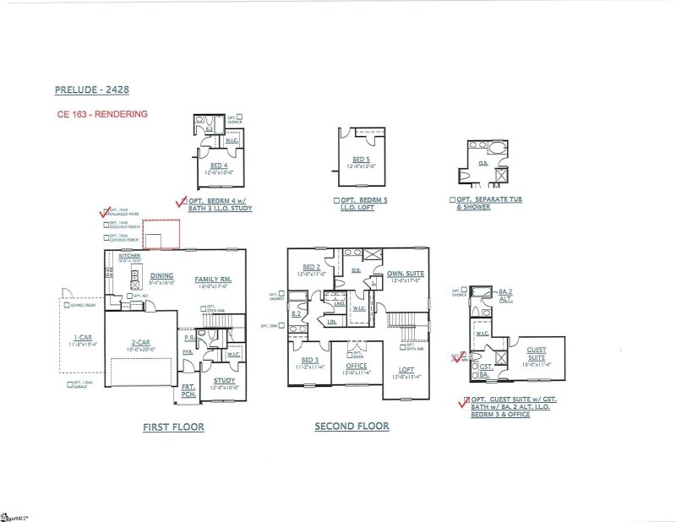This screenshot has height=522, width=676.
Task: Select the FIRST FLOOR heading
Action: click(x=173, y=427)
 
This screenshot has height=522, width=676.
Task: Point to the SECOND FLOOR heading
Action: click(x=352, y=427)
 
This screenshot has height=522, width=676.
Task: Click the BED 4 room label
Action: click(x=219, y=166)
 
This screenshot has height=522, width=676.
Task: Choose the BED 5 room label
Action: click(x=361, y=160)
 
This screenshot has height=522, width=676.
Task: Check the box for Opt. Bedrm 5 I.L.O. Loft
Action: click(x=336, y=201)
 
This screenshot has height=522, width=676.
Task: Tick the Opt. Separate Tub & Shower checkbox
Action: click(x=452, y=201)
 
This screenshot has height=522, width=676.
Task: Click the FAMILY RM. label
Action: click(x=213, y=280)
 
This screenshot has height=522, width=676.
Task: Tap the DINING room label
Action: click(x=162, y=275)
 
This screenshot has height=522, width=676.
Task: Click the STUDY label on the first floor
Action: click(x=224, y=381)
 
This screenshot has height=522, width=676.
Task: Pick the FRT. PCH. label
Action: click(x=188, y=390)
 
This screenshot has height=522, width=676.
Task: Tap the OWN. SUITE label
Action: click(x=406, y=275)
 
